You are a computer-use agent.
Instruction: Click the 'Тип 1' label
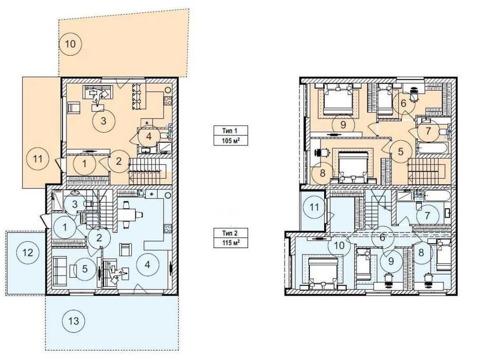(230, 131)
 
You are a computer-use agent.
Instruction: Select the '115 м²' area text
(230, 243)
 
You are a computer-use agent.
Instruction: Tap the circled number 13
(74, 321)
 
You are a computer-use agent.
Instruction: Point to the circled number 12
(28, 253)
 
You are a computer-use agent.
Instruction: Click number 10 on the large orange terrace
(70, 44)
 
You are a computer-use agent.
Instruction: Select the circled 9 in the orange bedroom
(343, 124)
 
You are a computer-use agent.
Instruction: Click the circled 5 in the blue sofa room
(85, 269)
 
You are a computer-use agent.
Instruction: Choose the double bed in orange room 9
(338, 99)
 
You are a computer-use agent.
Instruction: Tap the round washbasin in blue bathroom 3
(74, 193)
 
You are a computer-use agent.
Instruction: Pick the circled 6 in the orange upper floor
(403, 104)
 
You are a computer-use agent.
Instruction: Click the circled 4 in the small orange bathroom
(149, 136)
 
